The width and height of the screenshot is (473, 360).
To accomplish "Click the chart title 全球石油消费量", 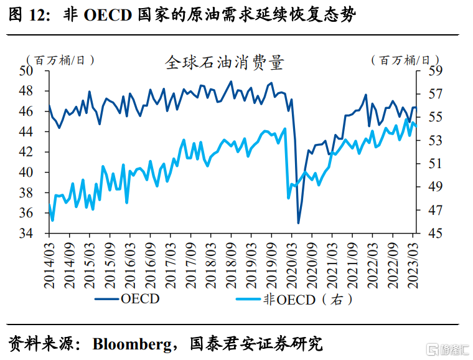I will click(224, 62).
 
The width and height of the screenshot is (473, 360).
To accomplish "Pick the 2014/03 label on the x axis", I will click(49, 266).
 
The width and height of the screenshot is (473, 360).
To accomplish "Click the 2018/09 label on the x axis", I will click(232, 266).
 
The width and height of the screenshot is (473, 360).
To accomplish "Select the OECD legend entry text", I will click(140, 299).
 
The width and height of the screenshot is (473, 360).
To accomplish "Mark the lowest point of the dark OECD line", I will click(299, 223).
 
